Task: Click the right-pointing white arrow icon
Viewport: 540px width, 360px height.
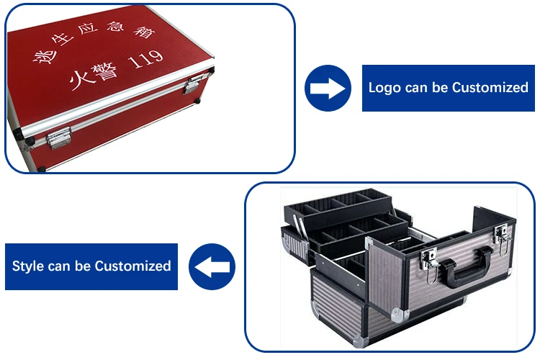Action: click(x=328, y=88)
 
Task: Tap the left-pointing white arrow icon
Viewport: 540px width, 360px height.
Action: click(x=212, y=266)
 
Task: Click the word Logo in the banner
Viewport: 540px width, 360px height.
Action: click(x=383, y=88)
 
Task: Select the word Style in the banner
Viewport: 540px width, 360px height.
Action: click(x=28, y=266)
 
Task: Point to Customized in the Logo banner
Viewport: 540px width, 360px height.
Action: click(x=490, y=88)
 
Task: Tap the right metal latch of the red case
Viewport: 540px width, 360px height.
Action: click(x=193, y=85)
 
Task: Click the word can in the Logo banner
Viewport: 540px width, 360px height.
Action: click(x=415, y=88)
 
